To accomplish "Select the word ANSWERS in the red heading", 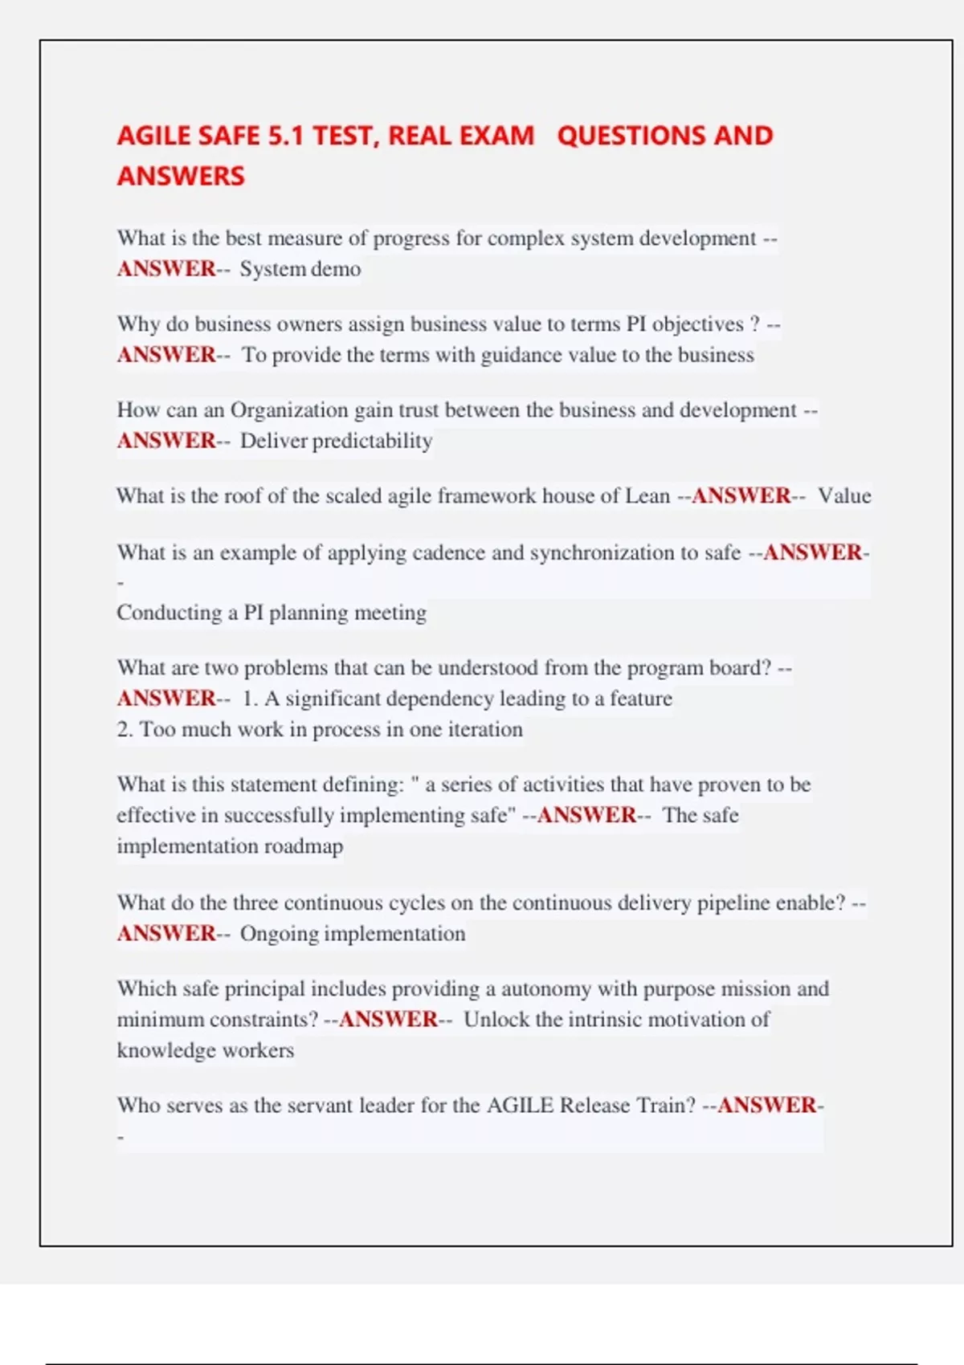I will coord(181,176).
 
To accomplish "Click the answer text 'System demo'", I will coord(300,269).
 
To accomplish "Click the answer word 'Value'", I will coord(844,495).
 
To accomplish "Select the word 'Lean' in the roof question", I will coord(647,495).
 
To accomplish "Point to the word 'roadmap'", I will coord(304,846).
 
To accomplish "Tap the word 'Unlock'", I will coord(496,1020).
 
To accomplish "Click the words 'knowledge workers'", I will coord(206,1050).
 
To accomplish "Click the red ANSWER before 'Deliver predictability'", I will coord(166,441).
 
